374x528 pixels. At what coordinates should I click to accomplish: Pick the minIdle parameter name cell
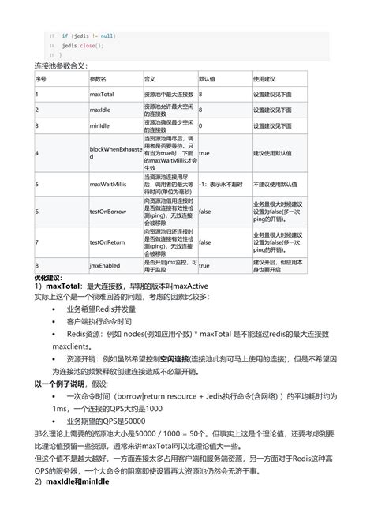point(100,125)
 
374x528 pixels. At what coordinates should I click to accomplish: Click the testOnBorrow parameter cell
point(108,212)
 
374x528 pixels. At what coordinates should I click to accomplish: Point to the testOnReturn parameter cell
point(108,242)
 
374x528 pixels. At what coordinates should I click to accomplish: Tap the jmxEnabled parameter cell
point(105,266)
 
